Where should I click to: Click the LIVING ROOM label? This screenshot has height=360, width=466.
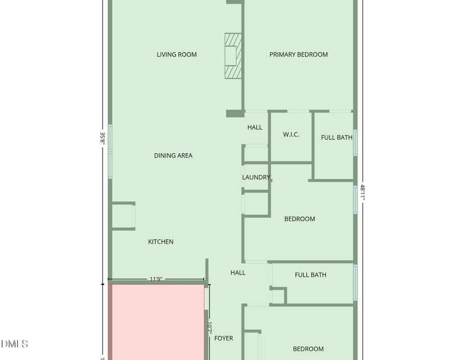tap(177, 54)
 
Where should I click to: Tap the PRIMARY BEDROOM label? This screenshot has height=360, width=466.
tap(298, 54)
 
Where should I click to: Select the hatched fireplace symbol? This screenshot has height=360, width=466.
tap(233, 56)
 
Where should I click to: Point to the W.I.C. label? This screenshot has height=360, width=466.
tap(291, 135)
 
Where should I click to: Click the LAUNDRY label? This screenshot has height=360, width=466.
tap(256, 177)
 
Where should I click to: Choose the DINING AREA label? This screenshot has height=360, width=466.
tap(173, 156)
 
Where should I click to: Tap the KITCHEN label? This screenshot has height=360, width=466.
tap(161, 242)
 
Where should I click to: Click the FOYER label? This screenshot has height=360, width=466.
tap(224, 338)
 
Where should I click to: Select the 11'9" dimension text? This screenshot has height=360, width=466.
tap(156, 279)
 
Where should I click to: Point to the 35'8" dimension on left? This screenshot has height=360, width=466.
tap(103, 138)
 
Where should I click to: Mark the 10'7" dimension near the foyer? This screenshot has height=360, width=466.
tap(210, 328)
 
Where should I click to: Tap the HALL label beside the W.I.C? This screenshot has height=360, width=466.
tap(254, 127)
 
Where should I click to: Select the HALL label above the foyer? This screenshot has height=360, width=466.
tap(238, 273)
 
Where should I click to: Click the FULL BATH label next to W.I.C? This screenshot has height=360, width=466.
tap(337, 138)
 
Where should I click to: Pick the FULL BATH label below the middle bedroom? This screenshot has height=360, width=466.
tap(310, 275)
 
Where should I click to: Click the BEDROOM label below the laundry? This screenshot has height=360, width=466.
tap(299, 219)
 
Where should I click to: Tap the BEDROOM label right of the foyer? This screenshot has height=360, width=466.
tap(308, 349)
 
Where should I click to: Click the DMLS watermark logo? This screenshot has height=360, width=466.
tap(14, 344)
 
